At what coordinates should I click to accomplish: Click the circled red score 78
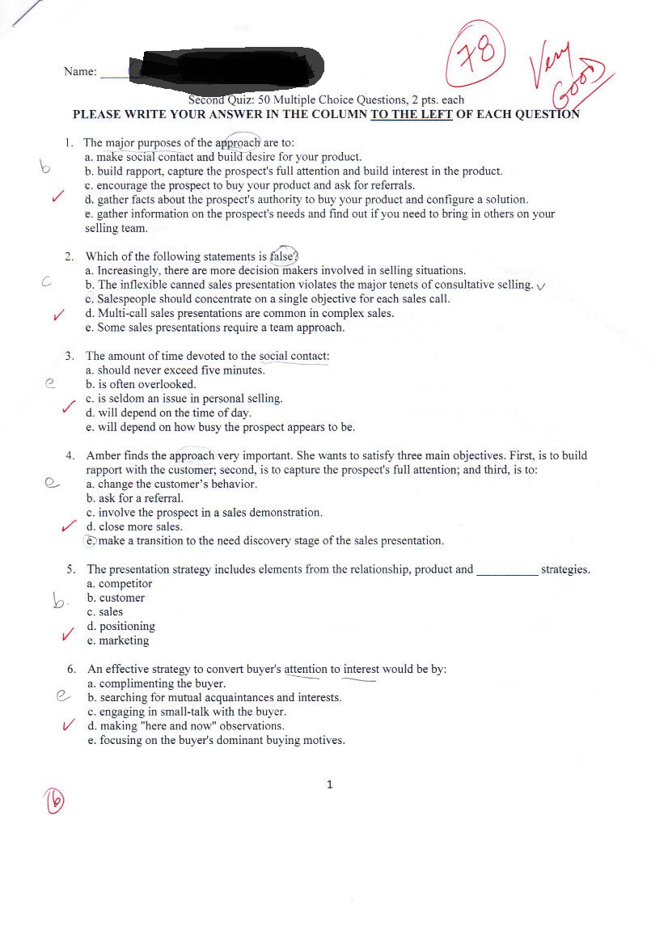click(x=477, y=54)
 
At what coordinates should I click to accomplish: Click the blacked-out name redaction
click(x=231, y=67)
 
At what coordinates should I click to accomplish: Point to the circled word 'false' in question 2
click(x=284, y=256)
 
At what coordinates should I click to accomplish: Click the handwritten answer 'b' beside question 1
click(x=45, y=168)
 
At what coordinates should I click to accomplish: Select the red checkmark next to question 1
click(x=57, y=197)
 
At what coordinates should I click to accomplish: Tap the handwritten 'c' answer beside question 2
click(x=47, y=283)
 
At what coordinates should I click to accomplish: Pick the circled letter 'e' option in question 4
click(x=91, y=541)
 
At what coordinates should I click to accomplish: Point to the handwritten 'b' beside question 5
click(x=59, y=600)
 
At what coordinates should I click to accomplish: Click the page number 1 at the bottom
click(x=329, y=784)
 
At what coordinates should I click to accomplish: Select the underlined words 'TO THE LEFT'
click(x=411, y=114)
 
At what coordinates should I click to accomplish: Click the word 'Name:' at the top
click(x=80, y=72)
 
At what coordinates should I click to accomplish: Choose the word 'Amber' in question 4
click(x=104, y=456)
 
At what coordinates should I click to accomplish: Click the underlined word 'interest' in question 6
click(x=361, y=670)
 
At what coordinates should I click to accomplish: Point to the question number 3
click(x=70, y=356)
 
